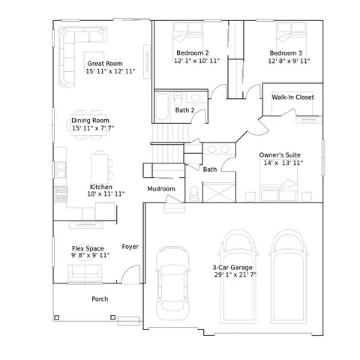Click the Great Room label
(105, 64)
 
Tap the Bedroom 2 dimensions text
(196, 61)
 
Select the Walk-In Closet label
(292, 97)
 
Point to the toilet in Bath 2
(178, 100)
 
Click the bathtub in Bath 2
(162, 106)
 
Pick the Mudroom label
(161, 189)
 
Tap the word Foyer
(130, 247)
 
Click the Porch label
(100, 299)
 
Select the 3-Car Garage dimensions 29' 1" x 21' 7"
(235, 274)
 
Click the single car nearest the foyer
(172, 283)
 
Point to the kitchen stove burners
(61, 194)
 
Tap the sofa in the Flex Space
(85, 272)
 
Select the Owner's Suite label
(280, 155)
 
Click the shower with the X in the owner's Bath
(219, 193)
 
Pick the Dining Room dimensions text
(93, 128)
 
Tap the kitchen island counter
(100, 169)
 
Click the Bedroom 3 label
(286, 53)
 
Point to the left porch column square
(57, 318)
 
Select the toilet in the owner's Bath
(193, 193)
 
